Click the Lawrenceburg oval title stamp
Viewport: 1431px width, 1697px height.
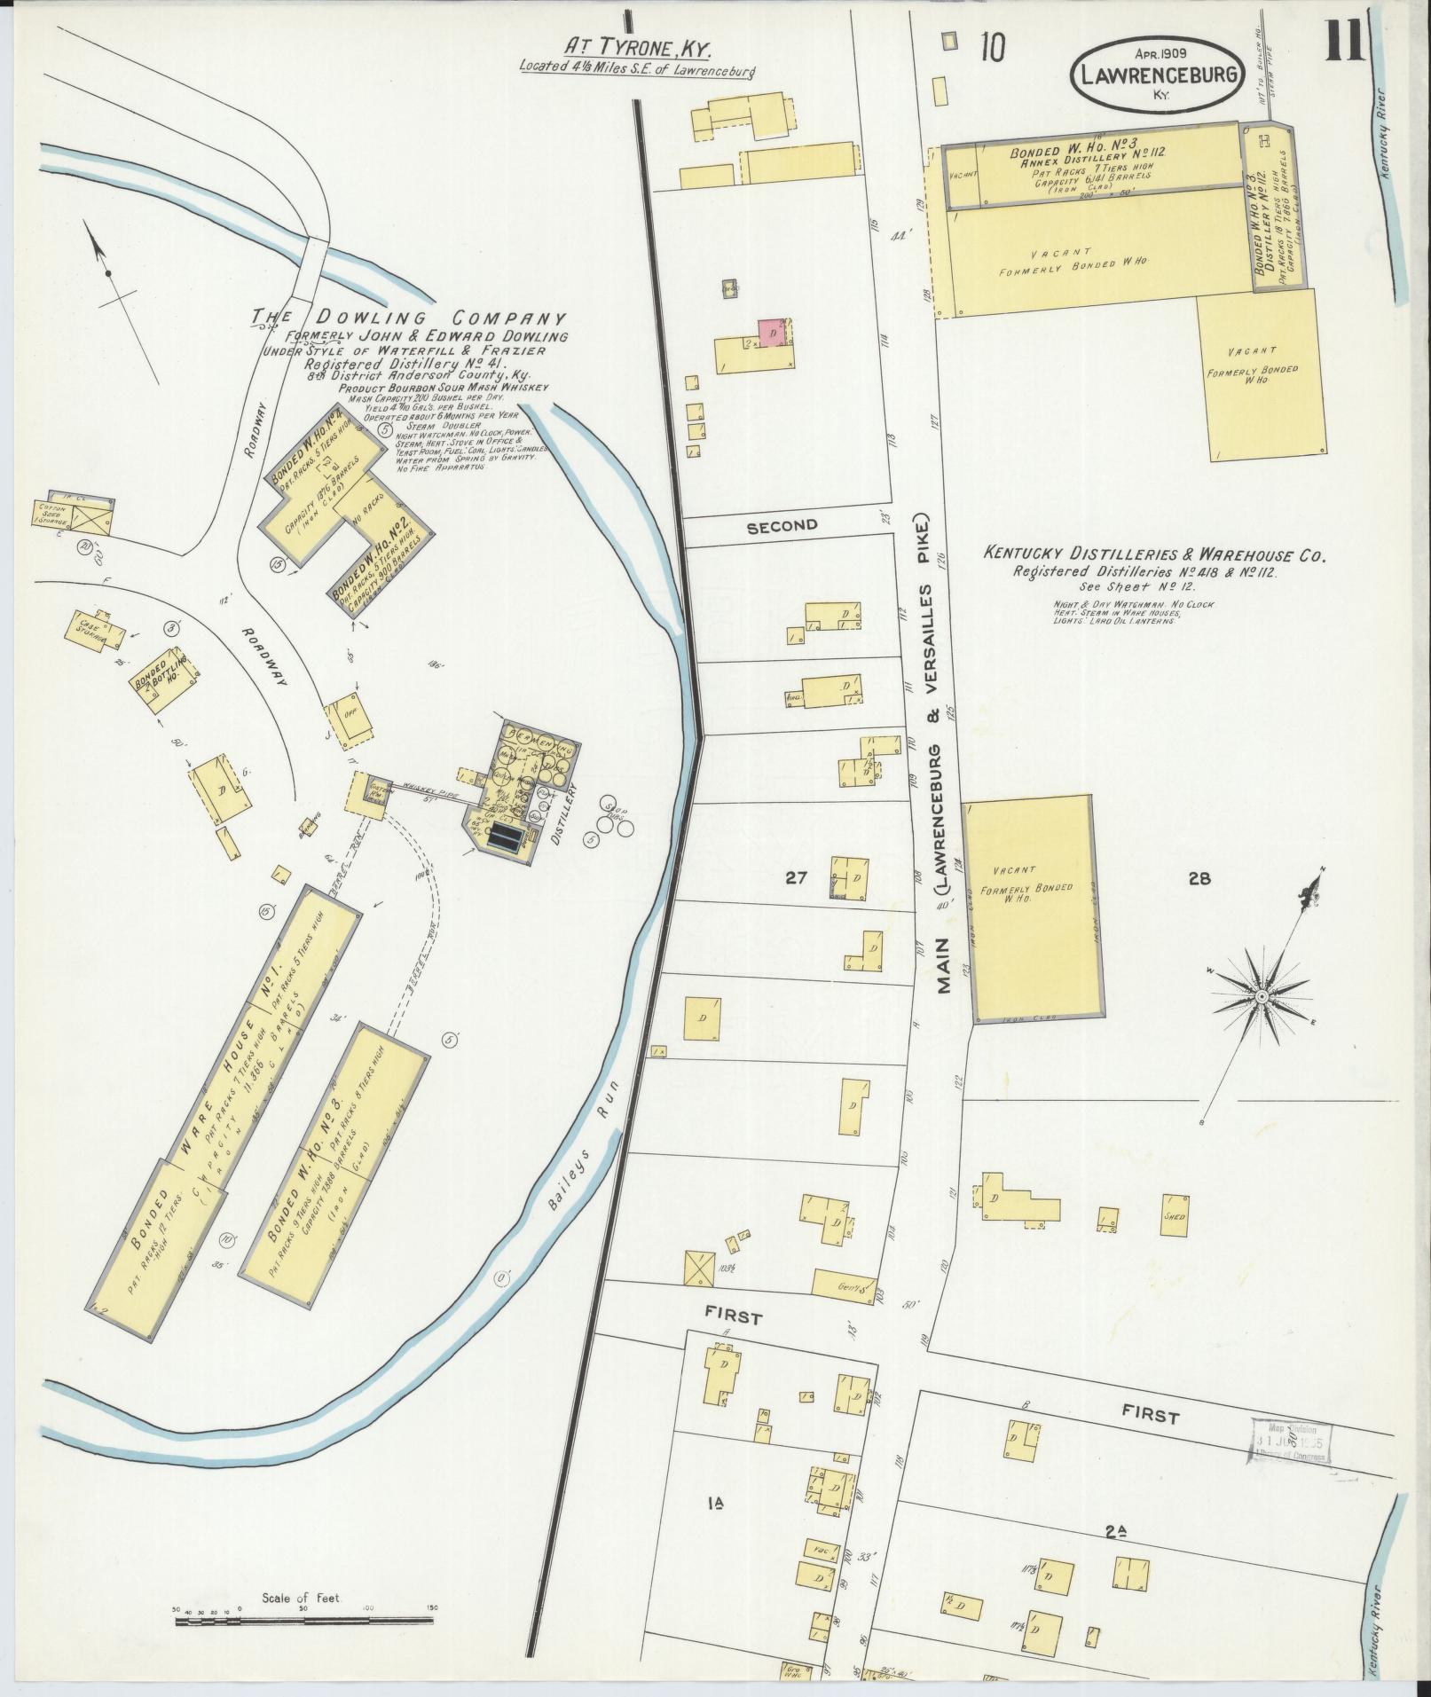click(1157, 75)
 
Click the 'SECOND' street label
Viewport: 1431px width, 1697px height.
click(782, 525)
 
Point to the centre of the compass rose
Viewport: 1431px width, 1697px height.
click(1260, 997)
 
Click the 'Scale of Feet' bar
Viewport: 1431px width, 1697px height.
click(304, 1620)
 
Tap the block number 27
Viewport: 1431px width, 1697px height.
click(795, 878)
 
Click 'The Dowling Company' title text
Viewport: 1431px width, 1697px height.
click(409, 318)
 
